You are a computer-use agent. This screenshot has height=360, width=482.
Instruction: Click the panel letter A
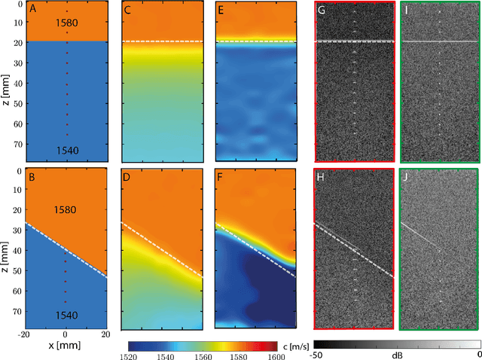32,10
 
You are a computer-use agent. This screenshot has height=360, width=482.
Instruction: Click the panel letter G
322,11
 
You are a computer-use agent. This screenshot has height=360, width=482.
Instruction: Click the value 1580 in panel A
66,23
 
